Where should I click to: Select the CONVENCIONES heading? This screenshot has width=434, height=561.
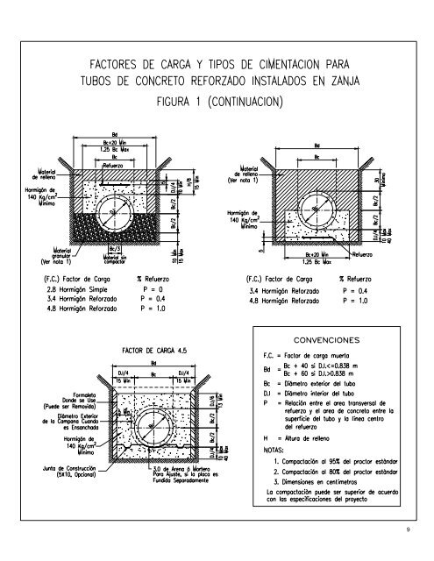click(329, 337)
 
